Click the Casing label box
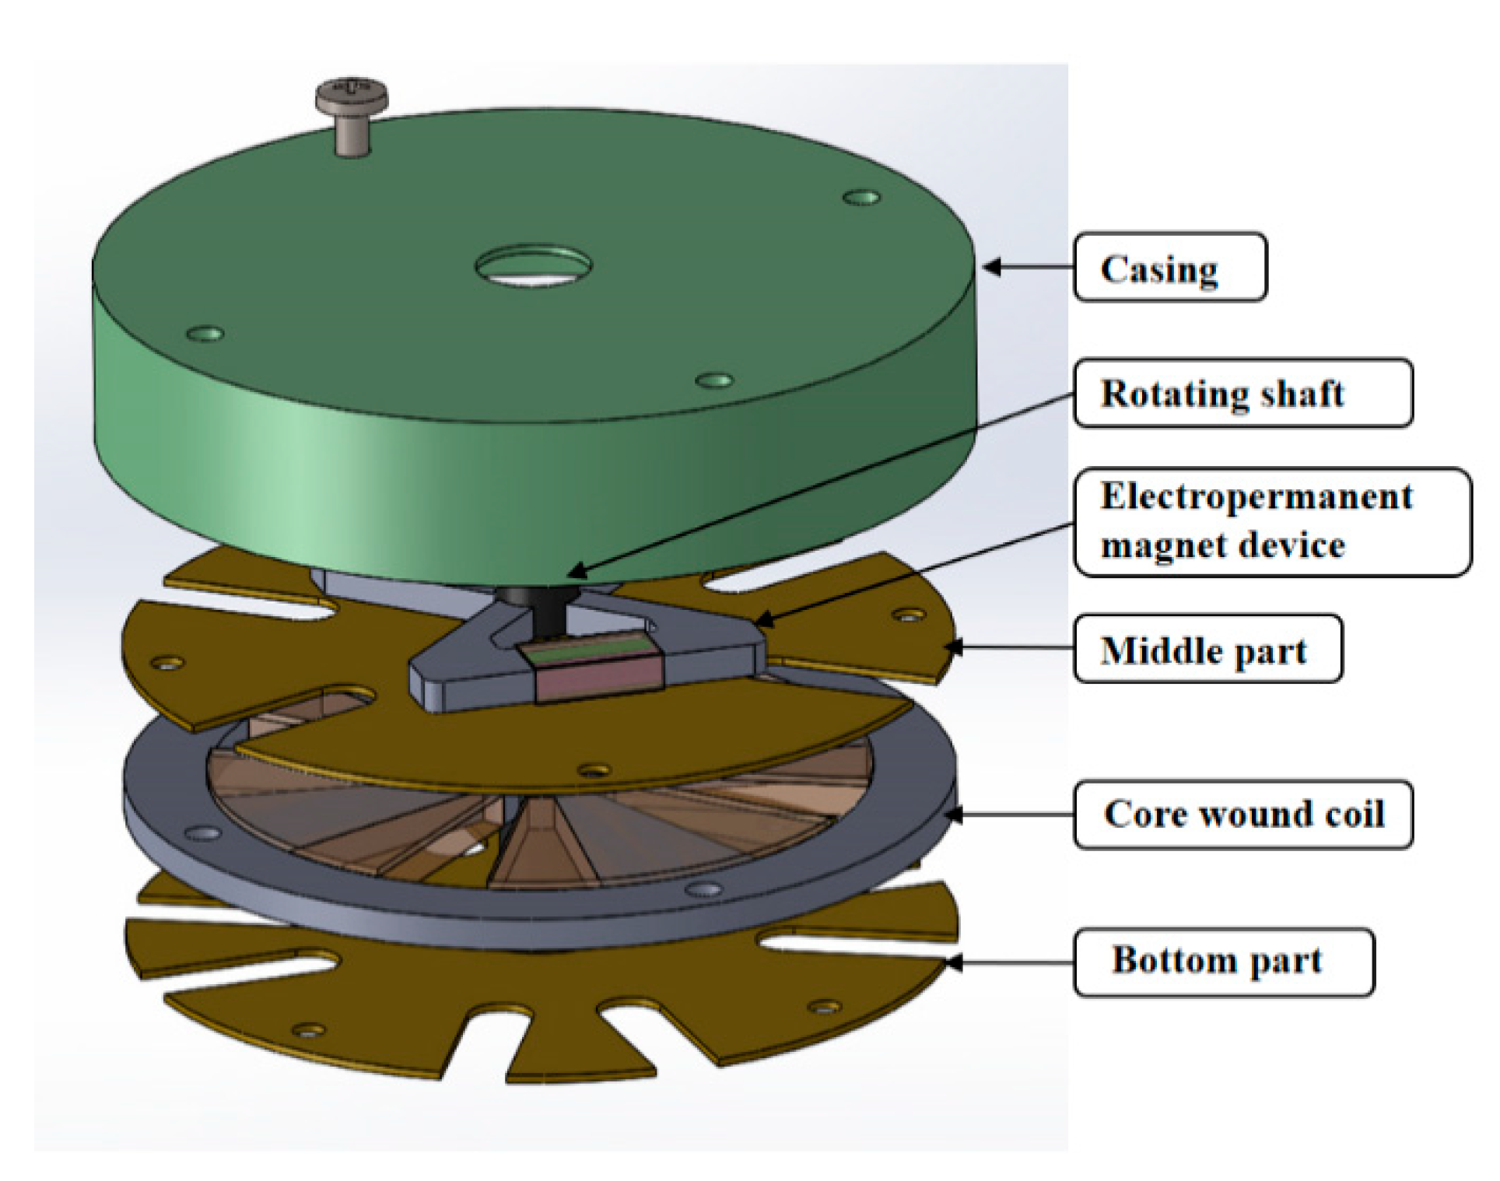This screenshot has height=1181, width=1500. pos(1169,267)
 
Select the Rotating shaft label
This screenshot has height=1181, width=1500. pos(1242,393)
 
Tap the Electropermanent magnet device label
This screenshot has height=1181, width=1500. pos(1271,521)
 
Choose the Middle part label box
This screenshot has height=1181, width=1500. pos(1207,650)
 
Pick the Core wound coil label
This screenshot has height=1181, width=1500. pos(1242,815)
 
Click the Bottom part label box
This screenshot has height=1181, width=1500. pos(1223,961)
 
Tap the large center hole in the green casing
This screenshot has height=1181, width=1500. pos(534,265)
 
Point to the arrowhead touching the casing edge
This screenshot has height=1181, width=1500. pos(991,267)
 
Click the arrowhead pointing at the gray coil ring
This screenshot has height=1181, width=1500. pos(954,815)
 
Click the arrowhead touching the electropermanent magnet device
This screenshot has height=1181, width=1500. pos(762,620)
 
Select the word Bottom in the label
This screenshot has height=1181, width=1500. pos(1173,959)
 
